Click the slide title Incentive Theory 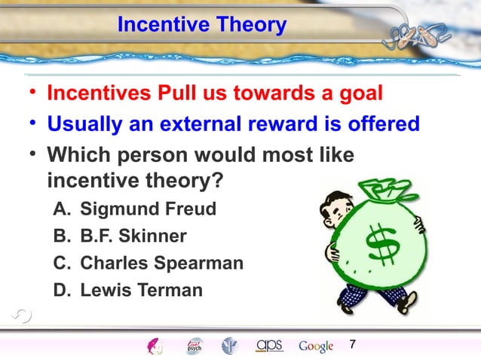[202, 26]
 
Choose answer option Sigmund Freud [148, 209]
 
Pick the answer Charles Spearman [161, 264]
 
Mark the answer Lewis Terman [141, 290]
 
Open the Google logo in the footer [316, 346]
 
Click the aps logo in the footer [269, 345]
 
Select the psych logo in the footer [195, 346]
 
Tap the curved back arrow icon [22, 316]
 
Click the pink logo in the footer [155, 346]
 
